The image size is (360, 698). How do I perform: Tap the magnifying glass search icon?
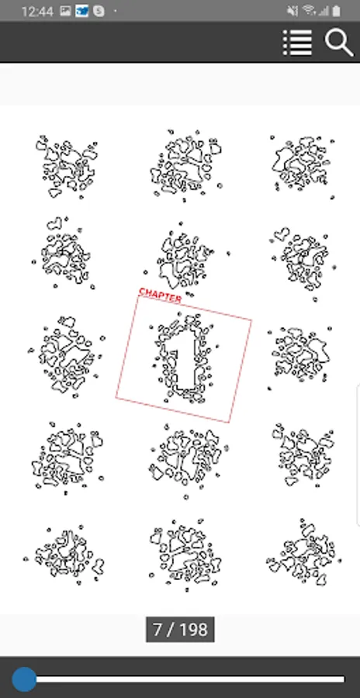(339, 43)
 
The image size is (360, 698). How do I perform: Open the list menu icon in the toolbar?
(297, 43)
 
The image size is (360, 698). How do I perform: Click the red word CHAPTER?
(160, 295)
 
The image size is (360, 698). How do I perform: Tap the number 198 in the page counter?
(193, 630)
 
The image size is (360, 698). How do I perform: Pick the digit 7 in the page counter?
(157, 630)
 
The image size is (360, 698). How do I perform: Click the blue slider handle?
(24, 679)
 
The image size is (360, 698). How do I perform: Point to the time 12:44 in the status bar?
(37, 11)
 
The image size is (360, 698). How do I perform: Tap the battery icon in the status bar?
(337, 11)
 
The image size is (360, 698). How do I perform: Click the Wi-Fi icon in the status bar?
(309, 10)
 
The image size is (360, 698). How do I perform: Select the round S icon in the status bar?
(99, 11)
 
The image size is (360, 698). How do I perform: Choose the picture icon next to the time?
(65, 11)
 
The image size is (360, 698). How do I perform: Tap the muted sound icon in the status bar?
(292, 11)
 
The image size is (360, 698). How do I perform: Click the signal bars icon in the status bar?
(324, 11)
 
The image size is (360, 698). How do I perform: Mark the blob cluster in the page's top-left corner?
(67, 167)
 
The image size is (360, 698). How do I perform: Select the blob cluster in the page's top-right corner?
(303, 165)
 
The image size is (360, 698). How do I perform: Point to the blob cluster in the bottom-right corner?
(304, 552)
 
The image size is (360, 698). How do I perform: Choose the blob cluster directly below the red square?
(189, 458)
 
